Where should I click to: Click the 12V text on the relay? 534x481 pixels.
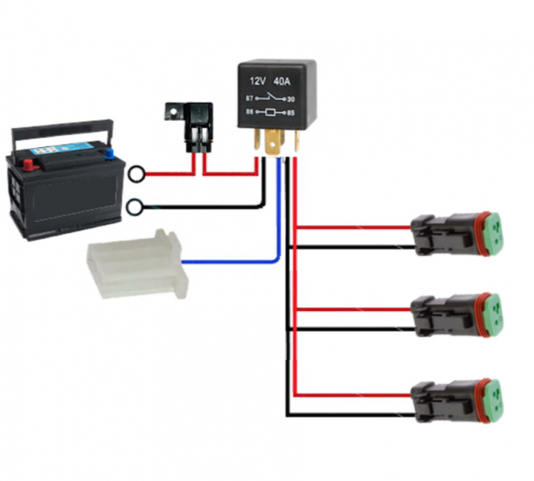point(257,80)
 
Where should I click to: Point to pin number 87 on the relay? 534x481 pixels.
point(249,98)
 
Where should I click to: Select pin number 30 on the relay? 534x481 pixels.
point(291,98)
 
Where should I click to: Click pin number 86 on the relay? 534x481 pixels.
point(249,114)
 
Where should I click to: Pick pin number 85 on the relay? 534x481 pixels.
point(291,114)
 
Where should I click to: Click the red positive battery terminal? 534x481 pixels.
point(28,162)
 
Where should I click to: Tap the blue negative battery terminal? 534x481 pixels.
point(109,152)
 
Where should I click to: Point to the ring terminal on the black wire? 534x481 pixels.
point(136,207)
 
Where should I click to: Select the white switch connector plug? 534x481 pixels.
point(137,264)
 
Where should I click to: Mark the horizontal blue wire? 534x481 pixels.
point(229,261)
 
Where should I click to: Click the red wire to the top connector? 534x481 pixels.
point(351,227)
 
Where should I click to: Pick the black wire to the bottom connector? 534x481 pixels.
point(351,415)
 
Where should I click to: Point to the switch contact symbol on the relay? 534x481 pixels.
point(271,98)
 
